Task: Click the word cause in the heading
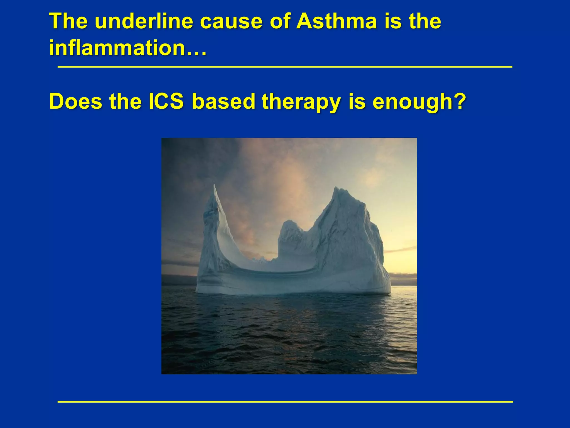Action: pyautogui.click(x=231, y=21)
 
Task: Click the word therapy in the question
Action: pyautogui.click(x=301, y=102)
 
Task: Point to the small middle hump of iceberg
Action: pyautogui.click(x=290, y=223)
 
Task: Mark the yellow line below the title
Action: pyautogui.click(x=285, y=67)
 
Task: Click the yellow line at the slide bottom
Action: pyautogui.click(x=285, y=402)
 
